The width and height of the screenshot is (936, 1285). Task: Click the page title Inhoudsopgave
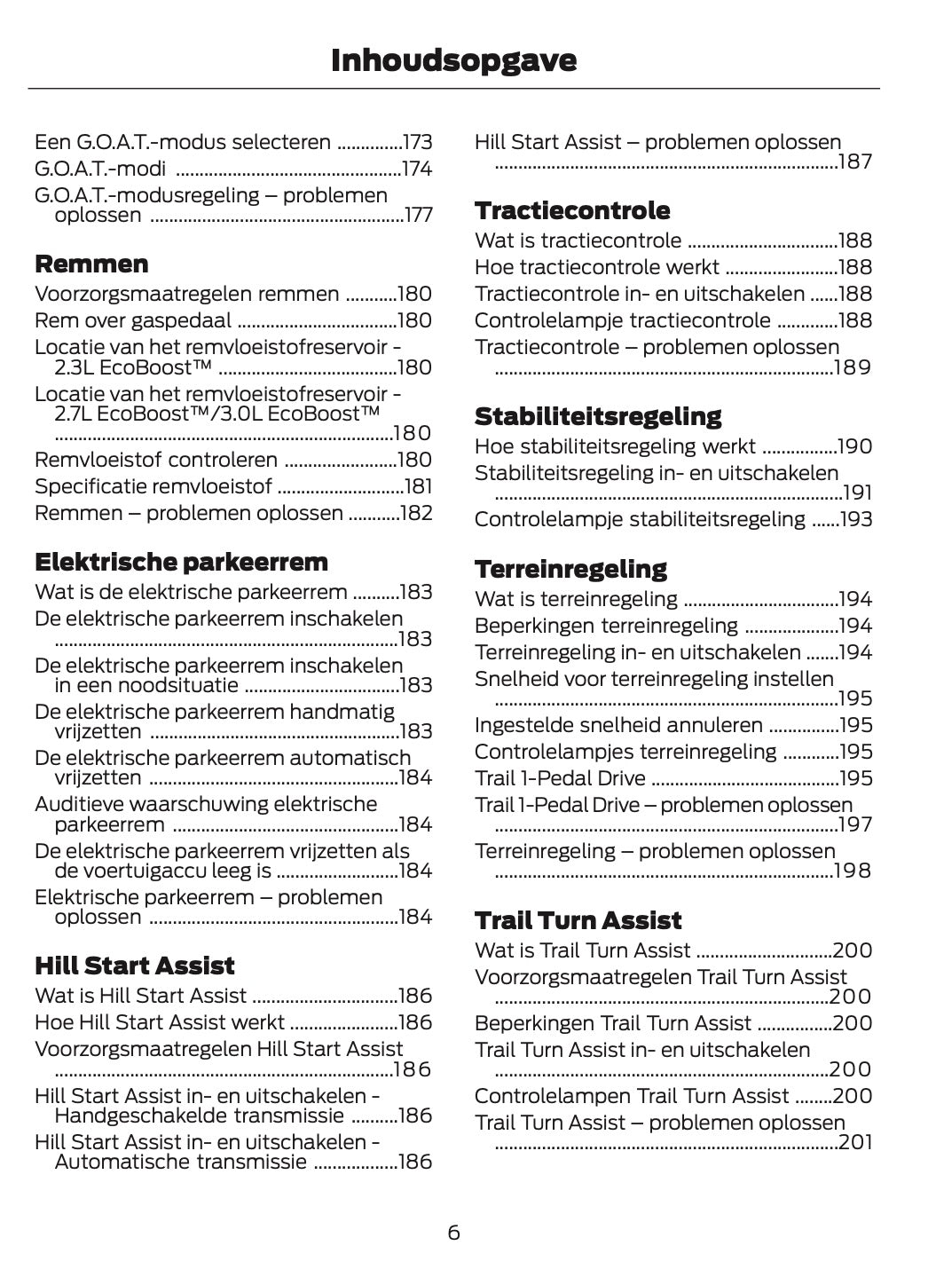pyautogui.click(x=453, y=60)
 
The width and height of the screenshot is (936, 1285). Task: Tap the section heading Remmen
pyautogui.click(x=91, y=264)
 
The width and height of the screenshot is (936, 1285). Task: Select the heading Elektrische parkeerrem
pyautogui.click(x=181, y=563)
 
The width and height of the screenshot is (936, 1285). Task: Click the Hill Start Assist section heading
pyautogui.click(x=134, y=966)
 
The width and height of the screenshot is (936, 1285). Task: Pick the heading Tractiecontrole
pyautogui.click(x=572, y=211)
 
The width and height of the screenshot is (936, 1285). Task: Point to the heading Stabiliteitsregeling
pyautogui.click(x=598, y=417)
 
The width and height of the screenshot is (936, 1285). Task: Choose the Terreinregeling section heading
pyautogui.click(x=570, y=570)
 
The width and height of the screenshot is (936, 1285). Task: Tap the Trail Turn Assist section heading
pyautogui.click(x=578, y=921)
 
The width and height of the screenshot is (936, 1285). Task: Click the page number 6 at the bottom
pyautogui.click(x=453, y=1233)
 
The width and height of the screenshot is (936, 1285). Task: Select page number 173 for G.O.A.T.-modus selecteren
pyautogui.click(x=417, y=143)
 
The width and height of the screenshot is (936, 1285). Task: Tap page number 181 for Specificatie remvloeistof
pyautogui.click(x=418, y=486)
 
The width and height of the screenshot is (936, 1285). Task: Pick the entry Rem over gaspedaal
pyautogui.click(x=133, y=321)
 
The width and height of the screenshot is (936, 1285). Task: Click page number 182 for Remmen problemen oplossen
pyautogui.click(x=417, y=513)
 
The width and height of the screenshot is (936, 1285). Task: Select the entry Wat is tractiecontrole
pyautogui.click(x=578, y=241)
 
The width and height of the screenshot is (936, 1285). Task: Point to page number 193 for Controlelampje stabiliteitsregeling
pyautogui.click(x=856, y=520)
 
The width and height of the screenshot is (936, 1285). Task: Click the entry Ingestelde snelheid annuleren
pyautogui.click(x=618, y=726)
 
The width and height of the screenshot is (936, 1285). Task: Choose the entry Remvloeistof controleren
pyautogui.click(x=156, y=460)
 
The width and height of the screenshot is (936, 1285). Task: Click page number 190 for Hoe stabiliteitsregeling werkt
pyautogui.click(x=856, y=447)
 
